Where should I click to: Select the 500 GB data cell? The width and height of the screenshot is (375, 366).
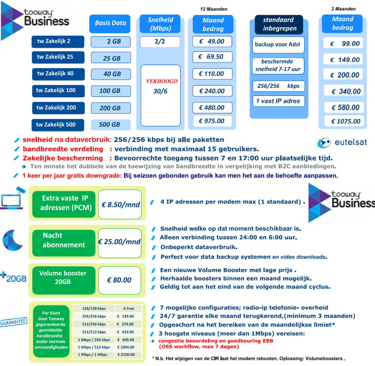pos(110,125)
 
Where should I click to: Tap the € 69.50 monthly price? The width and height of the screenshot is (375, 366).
pos(212,57)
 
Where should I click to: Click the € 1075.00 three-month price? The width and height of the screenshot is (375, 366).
pos(343,121)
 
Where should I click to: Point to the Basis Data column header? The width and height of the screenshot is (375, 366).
pos(110,23)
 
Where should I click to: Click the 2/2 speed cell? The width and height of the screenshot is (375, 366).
pos(160,42)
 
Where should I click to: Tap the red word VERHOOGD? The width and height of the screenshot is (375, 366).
pos(162,81)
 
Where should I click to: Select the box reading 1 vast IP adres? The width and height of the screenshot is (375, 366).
pos(278,101)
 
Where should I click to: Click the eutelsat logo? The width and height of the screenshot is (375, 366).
pos(342,142)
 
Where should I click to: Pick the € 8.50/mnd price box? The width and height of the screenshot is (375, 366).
pos(120,205)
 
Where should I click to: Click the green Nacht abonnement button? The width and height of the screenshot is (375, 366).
pos(64,240)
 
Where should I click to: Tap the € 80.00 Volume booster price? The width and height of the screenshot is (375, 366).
pos(120,280)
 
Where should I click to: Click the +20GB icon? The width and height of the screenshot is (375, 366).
pos(14,278)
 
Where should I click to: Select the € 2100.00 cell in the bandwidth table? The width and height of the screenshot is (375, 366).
pos(125,355)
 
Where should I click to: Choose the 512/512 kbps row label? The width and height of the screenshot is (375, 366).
pos(92,332)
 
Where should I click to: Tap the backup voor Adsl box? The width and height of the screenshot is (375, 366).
pos(277,44)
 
